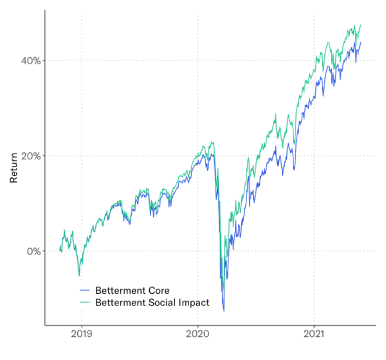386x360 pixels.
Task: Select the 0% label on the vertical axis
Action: (33, 251)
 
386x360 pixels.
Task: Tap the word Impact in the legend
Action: (185, 301)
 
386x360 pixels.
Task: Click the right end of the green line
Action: (361, 24)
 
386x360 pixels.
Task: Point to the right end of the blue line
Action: (361, 42)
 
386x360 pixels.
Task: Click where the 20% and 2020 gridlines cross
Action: (198, 156)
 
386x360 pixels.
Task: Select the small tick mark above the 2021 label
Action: (313, 327)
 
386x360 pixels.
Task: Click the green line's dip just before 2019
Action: (79, 275)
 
